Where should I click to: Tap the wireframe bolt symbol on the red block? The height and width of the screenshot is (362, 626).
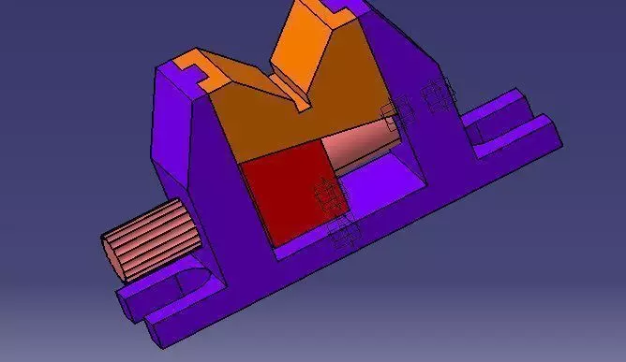click(327, 195)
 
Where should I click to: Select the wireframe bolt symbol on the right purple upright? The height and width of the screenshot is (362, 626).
click(436, 94)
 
